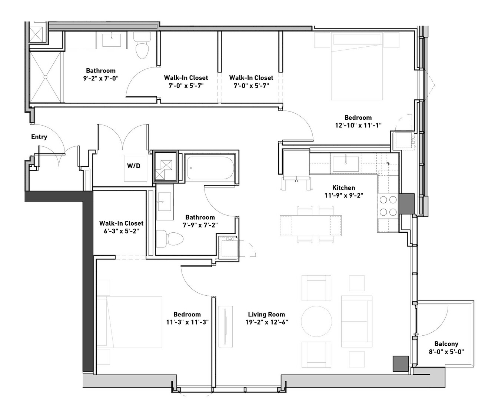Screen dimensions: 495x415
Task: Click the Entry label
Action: tap(39, 137)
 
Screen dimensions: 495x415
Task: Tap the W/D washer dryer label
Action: tap(134, 166)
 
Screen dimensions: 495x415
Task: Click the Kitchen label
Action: tap(343, 188)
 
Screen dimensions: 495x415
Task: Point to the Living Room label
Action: tap(266, 315)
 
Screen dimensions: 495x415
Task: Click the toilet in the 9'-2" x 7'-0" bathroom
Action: tap(142, 45)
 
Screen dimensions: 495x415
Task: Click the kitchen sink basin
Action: tap(346, 164)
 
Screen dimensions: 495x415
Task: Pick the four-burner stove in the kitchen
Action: tap(388, 205)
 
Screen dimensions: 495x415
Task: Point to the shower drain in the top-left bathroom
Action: tap(45, 77)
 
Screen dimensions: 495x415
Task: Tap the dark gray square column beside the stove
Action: tap(407, 203)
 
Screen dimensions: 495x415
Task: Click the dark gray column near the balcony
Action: tap(401, 363)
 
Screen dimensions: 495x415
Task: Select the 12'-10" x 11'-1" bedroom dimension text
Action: tap(358, 125)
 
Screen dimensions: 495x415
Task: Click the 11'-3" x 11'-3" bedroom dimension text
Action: tap(187, 322)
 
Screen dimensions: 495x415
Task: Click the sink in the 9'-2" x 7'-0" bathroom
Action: tap(112, 40)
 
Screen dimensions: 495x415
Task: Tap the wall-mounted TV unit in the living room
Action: tap(225, 327)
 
